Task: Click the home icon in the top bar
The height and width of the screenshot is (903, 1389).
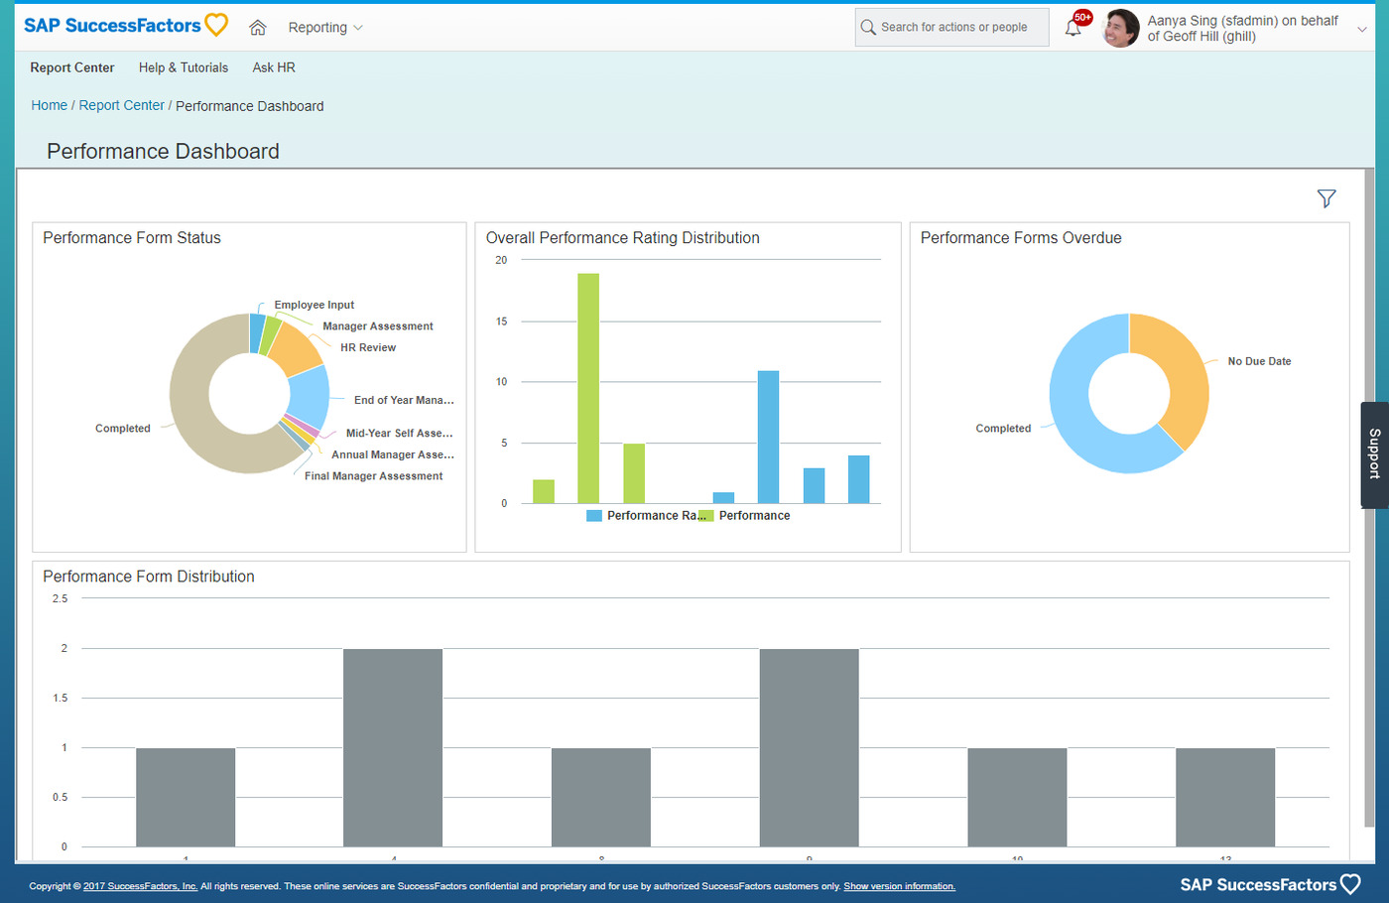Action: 258,28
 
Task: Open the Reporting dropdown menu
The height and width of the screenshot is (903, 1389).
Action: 324,28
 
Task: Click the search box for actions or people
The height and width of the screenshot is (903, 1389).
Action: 951,28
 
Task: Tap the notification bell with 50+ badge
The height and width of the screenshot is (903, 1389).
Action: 1073,28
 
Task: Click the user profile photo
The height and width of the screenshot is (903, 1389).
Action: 1121,28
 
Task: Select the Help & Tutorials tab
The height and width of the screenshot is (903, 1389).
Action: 184,67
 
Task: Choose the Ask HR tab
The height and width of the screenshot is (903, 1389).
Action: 274,67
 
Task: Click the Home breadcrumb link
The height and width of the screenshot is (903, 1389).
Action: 49,105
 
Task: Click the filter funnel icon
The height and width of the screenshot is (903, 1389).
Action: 1326,198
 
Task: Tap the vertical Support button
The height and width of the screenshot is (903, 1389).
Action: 1374,454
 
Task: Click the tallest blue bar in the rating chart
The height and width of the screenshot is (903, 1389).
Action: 768,437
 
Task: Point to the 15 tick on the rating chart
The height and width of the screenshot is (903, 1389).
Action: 502,322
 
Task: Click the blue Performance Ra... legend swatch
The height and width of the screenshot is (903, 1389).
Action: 594,516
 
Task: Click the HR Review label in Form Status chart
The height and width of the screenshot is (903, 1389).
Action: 368,347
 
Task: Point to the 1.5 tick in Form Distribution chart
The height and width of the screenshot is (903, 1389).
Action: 61,698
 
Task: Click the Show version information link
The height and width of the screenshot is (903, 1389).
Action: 899,886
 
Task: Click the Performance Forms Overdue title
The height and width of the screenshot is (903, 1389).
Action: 1021,238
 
